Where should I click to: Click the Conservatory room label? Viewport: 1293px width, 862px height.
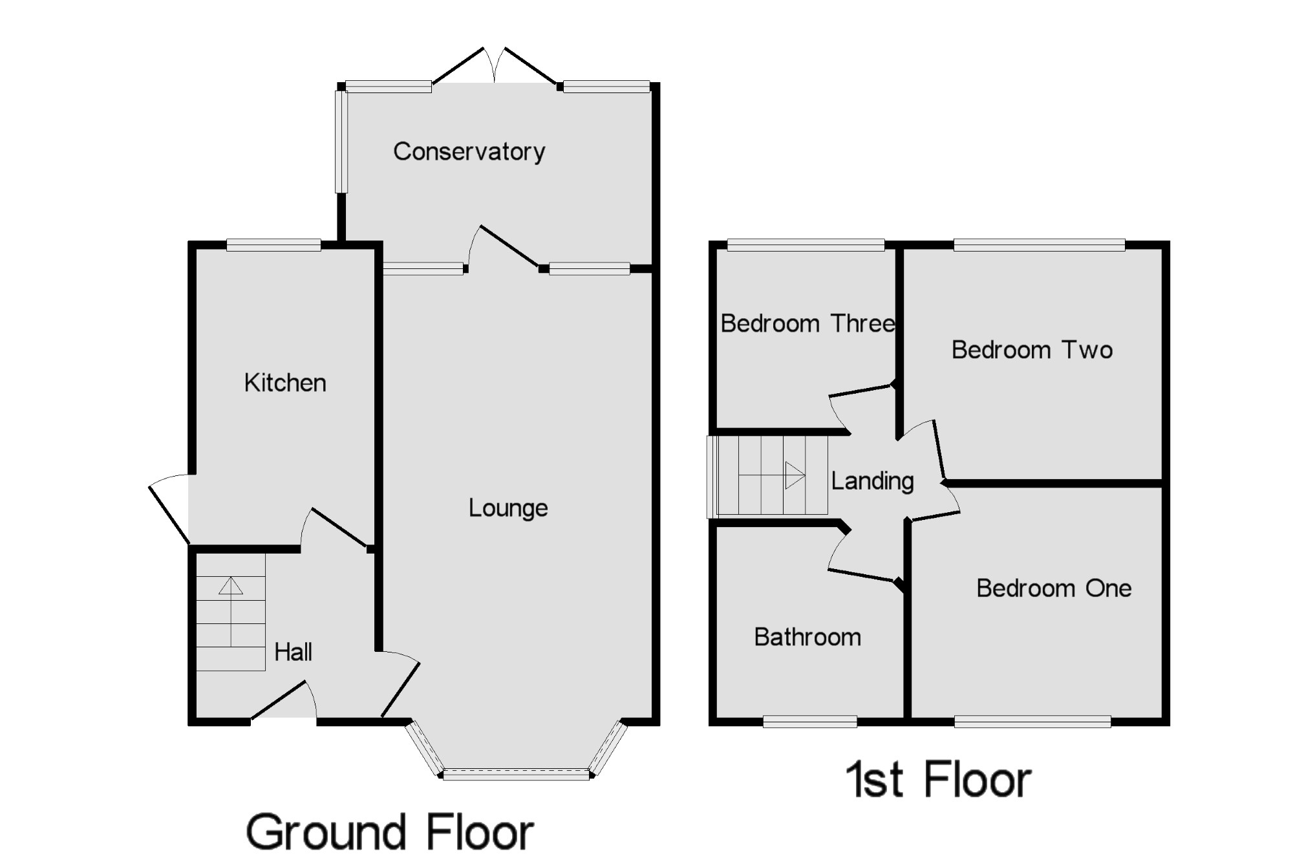coord(469,152)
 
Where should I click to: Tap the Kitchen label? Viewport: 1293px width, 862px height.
coord(285,383)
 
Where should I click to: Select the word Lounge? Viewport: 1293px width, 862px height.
coord(508,508)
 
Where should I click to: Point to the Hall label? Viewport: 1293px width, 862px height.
coord(293,652)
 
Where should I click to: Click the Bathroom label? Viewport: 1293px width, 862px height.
coord(807,638)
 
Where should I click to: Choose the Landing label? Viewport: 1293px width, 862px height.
coord(872,481)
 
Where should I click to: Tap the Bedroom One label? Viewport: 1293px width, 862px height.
coord(1054,588)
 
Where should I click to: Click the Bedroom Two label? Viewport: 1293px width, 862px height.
coord(1032,350)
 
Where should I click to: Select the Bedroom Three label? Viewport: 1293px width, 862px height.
coord(807,323)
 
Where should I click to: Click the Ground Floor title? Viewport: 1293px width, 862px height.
coord(390,832)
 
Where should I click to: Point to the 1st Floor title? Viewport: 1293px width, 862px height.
coord(938,780)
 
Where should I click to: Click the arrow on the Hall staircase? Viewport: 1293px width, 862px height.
coord(231,586)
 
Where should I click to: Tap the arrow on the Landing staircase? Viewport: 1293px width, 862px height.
coord(795,475)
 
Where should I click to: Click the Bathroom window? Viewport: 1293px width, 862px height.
coord(810,721)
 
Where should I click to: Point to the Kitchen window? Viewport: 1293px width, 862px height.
coord(273,244)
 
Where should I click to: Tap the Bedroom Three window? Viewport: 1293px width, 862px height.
coord(806,244)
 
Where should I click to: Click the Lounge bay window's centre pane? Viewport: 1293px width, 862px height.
coord(516,774)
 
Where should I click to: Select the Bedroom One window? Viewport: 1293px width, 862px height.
coord(1032,721)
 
